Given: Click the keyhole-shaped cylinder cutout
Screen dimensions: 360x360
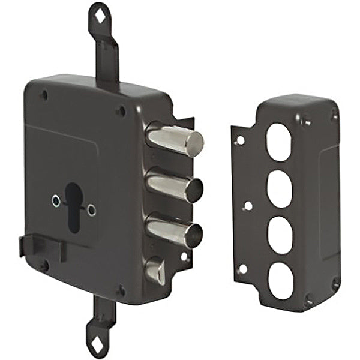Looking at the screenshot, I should tap(73, 204).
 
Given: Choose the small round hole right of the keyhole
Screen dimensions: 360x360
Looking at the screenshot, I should tap(91, 209).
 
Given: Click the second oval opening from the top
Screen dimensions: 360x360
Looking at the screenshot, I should tap(280, 188).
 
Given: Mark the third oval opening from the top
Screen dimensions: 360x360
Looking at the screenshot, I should tap(280, 234).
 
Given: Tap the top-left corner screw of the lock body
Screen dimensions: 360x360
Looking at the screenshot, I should tap(43, 94).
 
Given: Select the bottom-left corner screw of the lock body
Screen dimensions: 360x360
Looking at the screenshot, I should tap(44, 264).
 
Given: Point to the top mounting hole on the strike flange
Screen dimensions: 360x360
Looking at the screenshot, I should tap(240, 140).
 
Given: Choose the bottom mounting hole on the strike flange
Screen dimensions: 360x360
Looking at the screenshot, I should tap(241, 269).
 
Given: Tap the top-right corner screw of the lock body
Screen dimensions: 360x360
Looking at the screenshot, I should tap(122, 110).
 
